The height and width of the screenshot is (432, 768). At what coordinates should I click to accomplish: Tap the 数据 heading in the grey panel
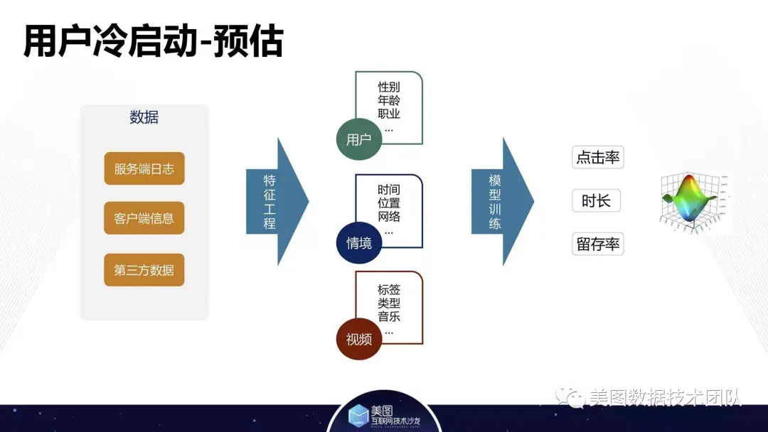tap(144, 118)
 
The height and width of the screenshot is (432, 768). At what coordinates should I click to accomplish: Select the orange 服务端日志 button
tap(144, 169)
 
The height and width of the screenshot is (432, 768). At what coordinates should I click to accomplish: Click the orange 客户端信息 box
tap(144, 218)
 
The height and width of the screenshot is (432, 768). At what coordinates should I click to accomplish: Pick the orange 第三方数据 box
tap(144, 270)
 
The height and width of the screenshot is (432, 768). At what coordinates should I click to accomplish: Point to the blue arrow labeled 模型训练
tap(501, 202)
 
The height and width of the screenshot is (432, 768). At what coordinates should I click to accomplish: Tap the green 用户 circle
tap(359, 139)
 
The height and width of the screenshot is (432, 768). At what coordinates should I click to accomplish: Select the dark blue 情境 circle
tap(359, 242)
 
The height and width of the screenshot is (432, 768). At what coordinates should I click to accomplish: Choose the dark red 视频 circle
tap(359, 339)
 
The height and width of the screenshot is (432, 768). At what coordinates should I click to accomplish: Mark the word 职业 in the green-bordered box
tap(389, 114)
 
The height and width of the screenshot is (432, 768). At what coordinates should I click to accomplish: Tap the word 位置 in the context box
tap(389, 203)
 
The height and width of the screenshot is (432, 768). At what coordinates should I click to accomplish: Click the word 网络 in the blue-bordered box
tap(389, 217)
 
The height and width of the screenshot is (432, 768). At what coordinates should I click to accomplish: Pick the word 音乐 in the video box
tap(389, 317)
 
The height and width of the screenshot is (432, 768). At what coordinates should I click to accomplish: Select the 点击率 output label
tap(597, 158)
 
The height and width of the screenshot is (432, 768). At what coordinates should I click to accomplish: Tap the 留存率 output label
tap(597, 244)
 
